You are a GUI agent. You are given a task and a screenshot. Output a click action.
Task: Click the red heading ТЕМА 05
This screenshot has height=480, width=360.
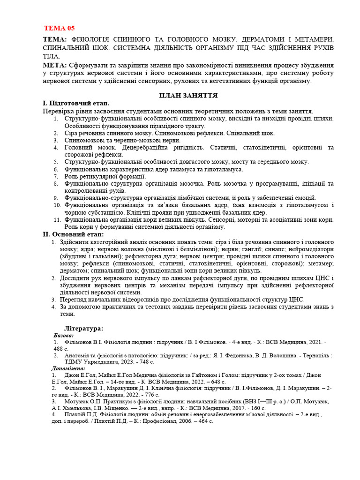tap(59, 28)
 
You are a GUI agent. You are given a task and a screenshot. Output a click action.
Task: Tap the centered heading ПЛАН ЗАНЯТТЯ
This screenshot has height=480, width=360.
tap(188, 95)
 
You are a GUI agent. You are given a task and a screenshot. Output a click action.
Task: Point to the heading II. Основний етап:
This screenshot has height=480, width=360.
tap(73, 234)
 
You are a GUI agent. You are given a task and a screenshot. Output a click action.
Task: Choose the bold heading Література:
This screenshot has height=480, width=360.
tap(83, 329)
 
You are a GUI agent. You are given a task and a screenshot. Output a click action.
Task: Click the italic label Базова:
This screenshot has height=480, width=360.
tap(64, 336)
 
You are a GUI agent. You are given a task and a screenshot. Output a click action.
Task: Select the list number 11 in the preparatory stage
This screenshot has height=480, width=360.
tap(57, 219)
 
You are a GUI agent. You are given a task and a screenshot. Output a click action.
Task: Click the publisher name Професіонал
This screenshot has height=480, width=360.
tap(176, 421)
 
